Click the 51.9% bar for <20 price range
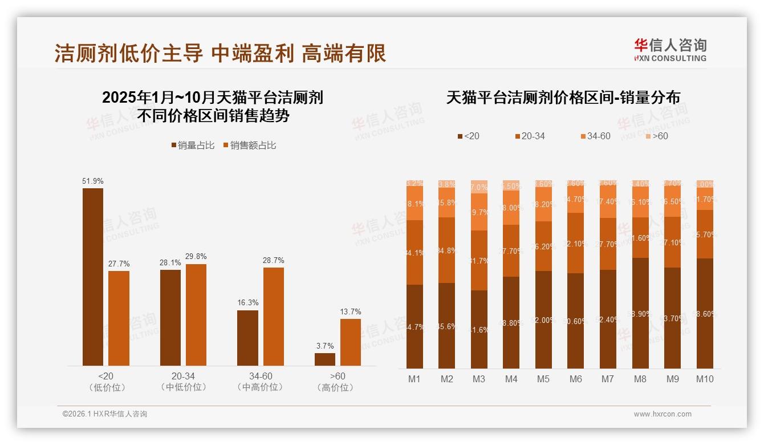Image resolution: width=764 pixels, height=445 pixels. pos(93,277)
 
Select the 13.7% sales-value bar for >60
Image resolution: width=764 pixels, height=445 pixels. pos(351,342)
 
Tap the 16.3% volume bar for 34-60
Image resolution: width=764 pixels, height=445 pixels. pos(247,338)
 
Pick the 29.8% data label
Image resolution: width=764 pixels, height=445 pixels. pos(196,256)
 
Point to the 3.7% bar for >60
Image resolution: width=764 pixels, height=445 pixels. pos(325,359)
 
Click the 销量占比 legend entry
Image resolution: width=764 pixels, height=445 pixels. pos(193,145)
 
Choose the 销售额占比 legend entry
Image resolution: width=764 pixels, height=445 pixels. pos(249,145)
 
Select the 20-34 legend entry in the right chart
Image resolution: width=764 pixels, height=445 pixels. pos(530,136)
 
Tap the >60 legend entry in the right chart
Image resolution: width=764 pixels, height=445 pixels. pos(656,136)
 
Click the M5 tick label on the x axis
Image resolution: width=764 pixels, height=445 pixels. pos(543,379)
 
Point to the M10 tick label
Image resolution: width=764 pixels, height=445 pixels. pos(705,379)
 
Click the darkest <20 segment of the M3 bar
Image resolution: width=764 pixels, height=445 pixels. pos(479,329)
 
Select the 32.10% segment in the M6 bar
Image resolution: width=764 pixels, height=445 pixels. pos(575,243)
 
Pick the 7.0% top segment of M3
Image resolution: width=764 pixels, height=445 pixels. pos(479,187)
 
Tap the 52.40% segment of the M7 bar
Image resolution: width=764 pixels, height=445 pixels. pos(608,319)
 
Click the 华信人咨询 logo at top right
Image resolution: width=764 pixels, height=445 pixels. pos(670,50)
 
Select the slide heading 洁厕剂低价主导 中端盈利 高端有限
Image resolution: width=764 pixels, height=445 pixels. pos(220,53)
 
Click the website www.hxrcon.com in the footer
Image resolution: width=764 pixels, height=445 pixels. pos(663,414)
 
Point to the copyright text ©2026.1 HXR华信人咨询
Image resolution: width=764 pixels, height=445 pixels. pos(105,414)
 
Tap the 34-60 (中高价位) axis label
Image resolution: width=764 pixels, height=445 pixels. pos(260,382)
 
